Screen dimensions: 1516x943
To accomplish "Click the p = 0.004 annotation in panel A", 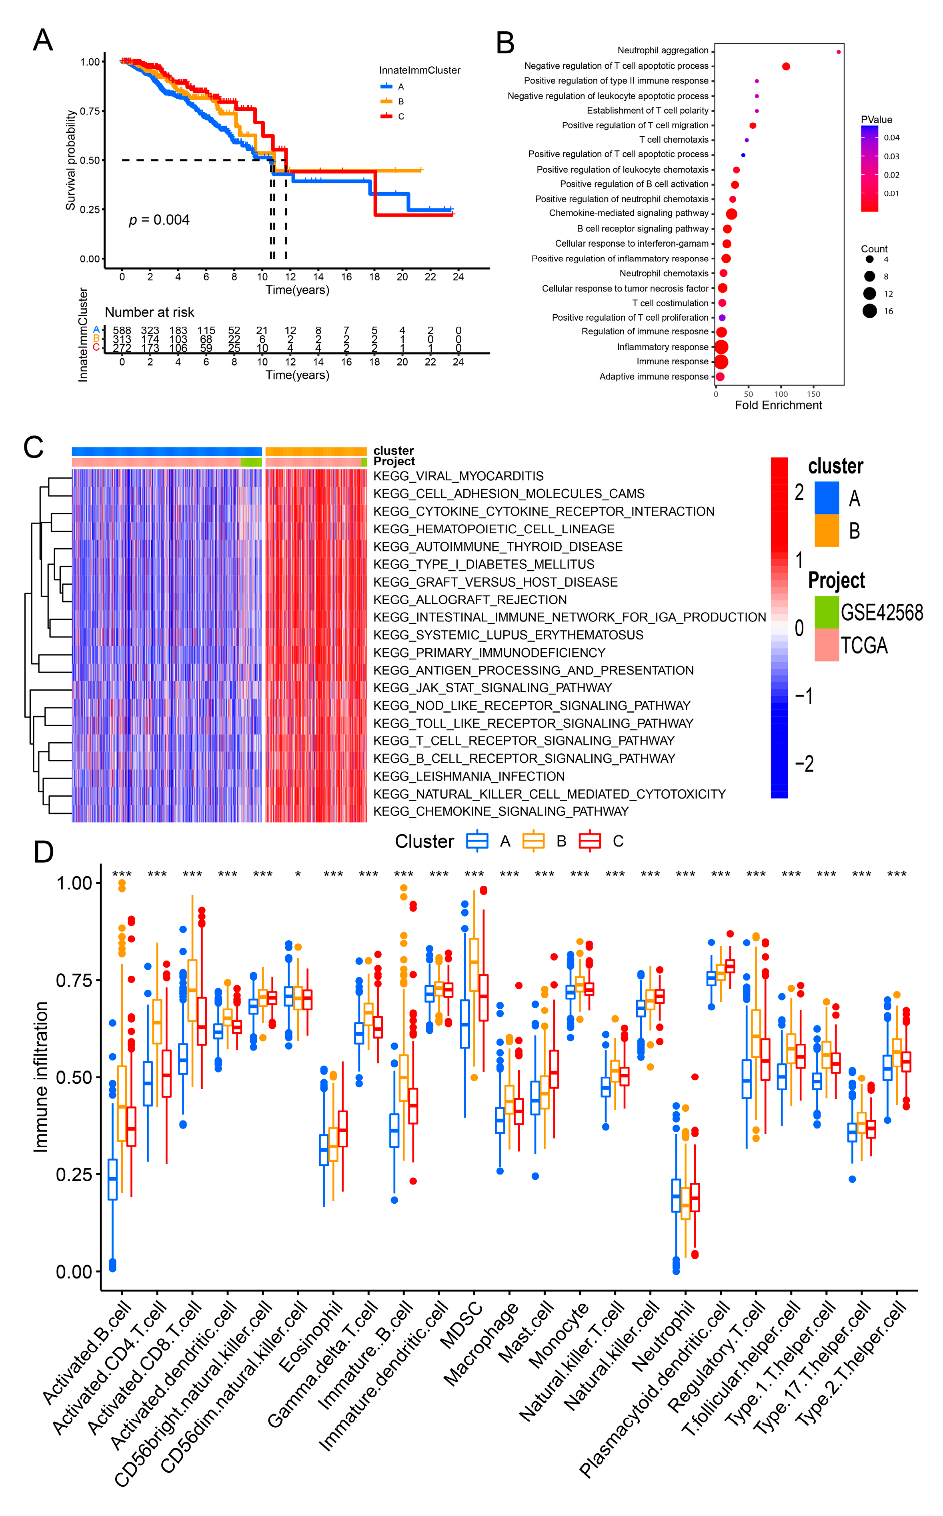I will [159, 220].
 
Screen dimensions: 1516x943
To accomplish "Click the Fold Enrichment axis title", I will [778, 405].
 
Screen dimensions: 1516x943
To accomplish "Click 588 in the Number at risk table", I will [122, 330].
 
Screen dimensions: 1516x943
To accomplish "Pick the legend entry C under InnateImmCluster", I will [400, 116].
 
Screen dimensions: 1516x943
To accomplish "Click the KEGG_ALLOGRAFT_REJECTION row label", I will [470, 600].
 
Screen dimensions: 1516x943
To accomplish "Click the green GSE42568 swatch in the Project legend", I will [826, 612].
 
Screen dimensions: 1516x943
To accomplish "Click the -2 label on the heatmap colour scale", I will [805, 764].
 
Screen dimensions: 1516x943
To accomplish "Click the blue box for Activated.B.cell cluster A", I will [112, 1179].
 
